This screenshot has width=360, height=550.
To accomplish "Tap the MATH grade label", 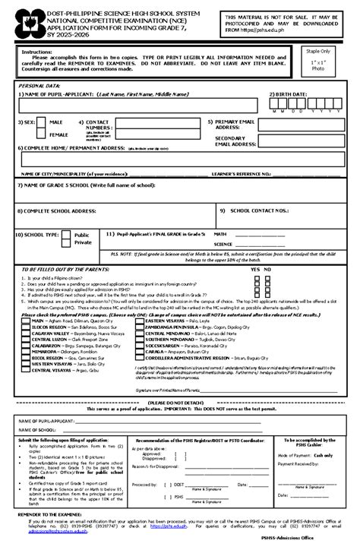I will point(220,235).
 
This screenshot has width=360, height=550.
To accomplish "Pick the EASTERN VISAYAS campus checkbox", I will point(139,321).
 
